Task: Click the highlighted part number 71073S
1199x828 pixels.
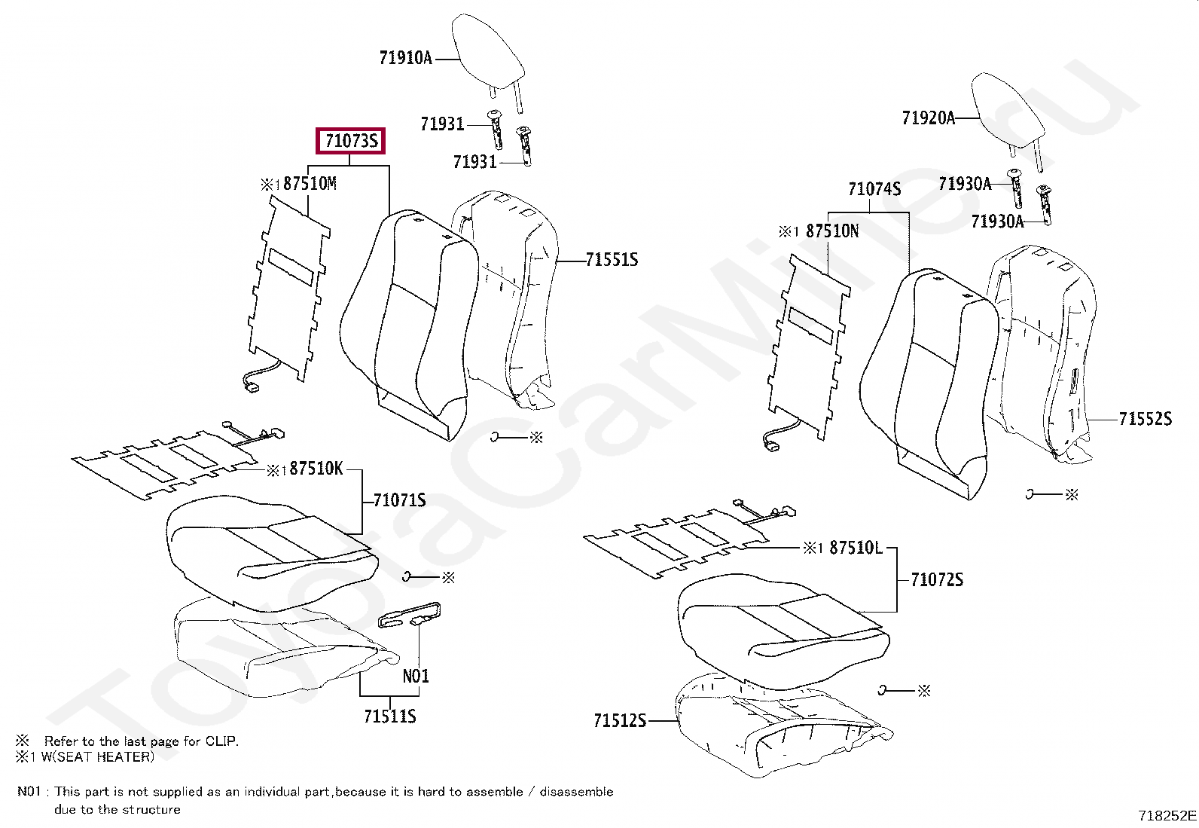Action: click(351, 141)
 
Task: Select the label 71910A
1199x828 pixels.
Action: click(405, 58)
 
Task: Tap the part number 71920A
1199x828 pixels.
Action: click(928, 118)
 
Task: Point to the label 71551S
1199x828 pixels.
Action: click(612, 260)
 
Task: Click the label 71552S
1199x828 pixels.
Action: click(1145, 419)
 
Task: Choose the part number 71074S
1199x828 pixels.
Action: click(874, 189)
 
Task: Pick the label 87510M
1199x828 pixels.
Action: click(310, 184)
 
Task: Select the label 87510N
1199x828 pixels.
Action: click(832, 231)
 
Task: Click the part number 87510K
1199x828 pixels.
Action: click(316, 469)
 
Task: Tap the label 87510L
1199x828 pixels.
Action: click(856, 548)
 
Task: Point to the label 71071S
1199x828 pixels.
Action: click(399, 500)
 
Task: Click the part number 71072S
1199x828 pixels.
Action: click(936, 579)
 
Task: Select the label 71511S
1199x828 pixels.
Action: click(389, 716)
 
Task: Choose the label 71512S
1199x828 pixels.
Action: click(619, 721)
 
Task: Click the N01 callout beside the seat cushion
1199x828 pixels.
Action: click(416, 676)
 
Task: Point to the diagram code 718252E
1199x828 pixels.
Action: click(1167, 815)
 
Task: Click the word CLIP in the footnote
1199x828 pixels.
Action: click(221, 741)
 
